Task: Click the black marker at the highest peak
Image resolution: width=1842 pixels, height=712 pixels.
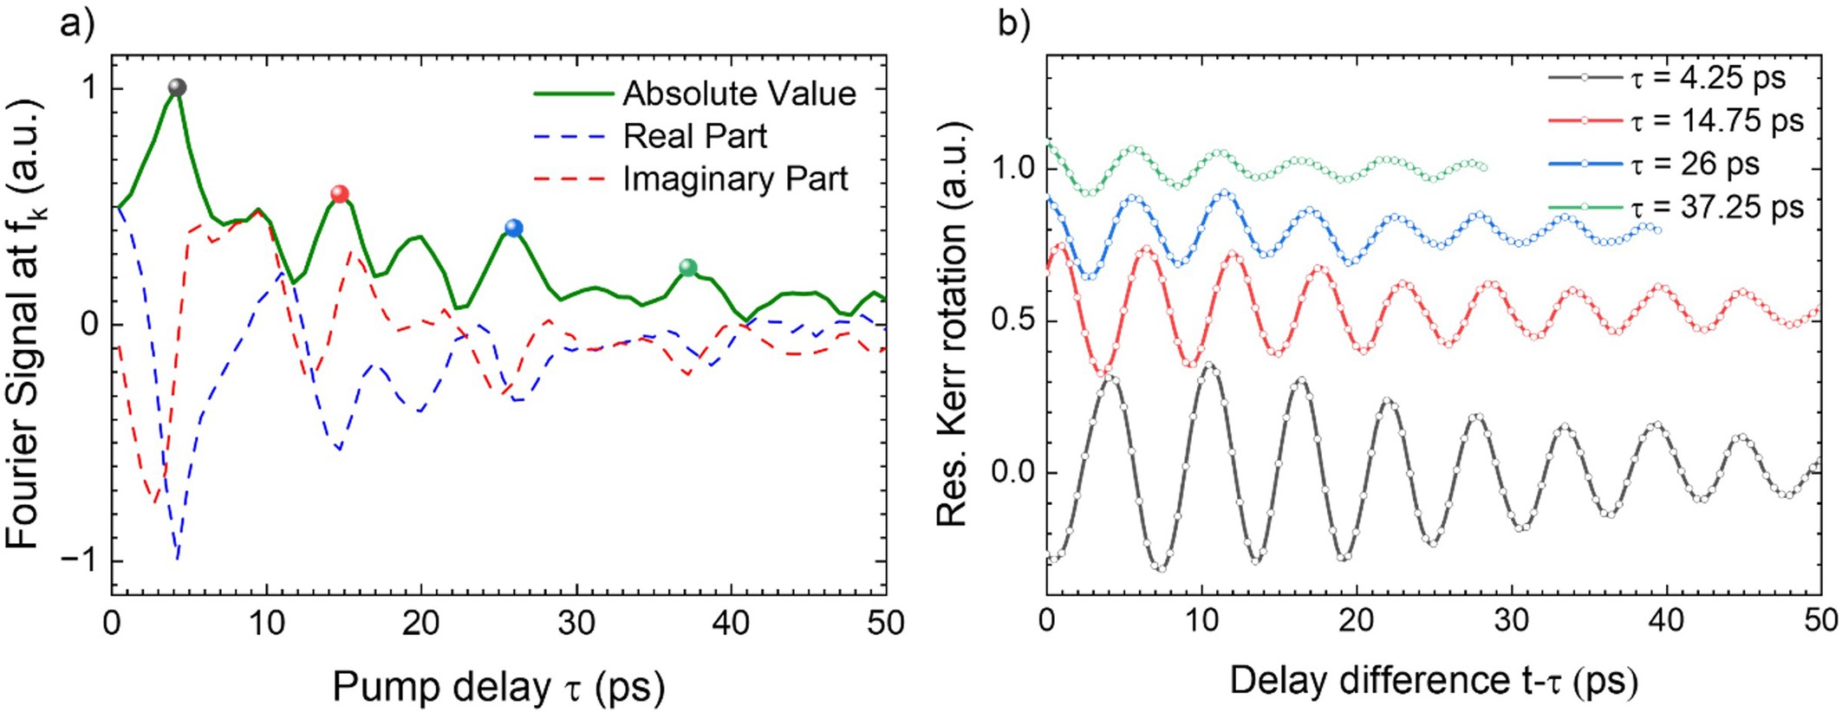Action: coord(177,87)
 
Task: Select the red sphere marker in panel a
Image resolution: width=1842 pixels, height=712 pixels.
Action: coord(340,194)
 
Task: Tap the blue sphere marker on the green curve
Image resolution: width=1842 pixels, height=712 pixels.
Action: coord(513,229)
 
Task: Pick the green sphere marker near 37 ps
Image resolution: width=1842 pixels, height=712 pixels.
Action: coord(687,268)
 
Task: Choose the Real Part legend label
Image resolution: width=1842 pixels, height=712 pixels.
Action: coord(694,136)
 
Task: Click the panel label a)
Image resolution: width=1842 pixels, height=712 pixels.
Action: coord(76,23)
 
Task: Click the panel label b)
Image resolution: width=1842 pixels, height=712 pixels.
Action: coord(1014,23)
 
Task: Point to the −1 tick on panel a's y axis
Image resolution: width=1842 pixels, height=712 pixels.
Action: coord(79,561)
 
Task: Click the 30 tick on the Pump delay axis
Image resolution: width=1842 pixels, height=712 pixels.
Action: coord(576,623)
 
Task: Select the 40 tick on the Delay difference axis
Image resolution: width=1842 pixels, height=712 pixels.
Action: coord(1665,620)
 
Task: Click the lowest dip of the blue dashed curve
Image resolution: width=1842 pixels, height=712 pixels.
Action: coord(178,559)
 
